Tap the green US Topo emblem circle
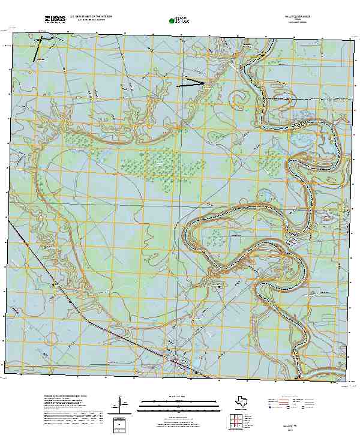click(x=173, y=21)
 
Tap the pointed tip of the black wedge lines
click(x=206, y=83)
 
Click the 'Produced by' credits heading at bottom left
click(x=66, y=397)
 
